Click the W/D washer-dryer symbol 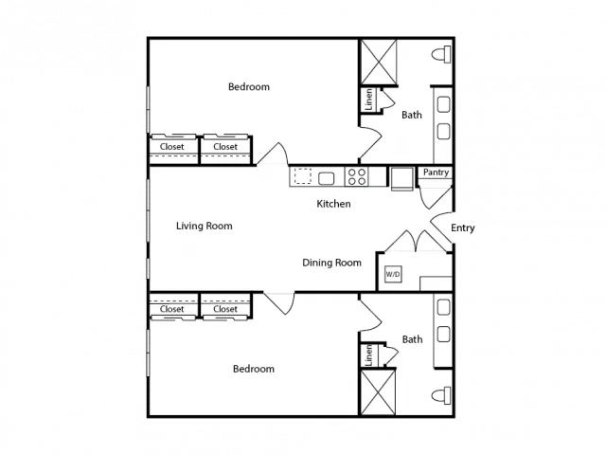point(393,274)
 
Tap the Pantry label point(436,173)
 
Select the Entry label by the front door point(463,227)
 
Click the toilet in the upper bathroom point(441,54)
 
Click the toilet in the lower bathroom point(441,395)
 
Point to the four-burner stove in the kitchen point(357,176)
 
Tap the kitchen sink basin point(326,178)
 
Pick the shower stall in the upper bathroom point(379,62)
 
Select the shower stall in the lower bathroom point(378,392)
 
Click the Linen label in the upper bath point(368,100)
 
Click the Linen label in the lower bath point(368,355)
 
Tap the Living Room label point(205,226)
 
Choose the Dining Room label point(331,264)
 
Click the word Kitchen point(333,204)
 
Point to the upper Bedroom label point(249,86)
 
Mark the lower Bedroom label point(254,369)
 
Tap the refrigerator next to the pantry point(401,179)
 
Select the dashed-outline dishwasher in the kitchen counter point(303,176)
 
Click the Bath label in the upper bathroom point(412,115)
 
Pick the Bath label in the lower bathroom point(413,339)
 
